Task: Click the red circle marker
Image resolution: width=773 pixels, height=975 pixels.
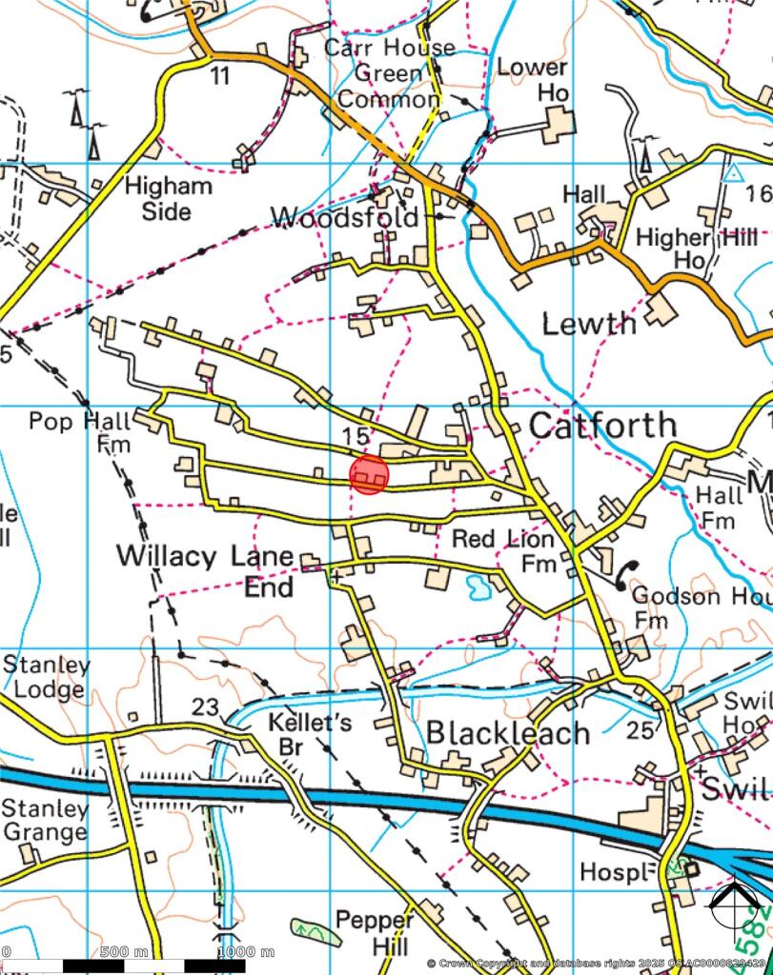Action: click(369, 474)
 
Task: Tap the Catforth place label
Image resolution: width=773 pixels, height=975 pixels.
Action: click(602, 425)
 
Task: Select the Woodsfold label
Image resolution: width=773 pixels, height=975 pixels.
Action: click(345, 218)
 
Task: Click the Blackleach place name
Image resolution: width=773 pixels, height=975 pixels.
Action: click(508, 732)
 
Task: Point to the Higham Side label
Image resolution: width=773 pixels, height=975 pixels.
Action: click(169, 198)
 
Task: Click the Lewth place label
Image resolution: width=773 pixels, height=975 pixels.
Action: click(589, 324)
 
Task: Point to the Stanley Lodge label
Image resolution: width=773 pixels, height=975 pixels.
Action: click(46, 677)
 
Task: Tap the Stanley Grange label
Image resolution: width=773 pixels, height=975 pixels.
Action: click(45, 821)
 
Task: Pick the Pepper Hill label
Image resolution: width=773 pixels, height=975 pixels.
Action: click(375, 933)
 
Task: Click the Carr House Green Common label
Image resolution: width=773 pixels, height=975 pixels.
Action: click(389, 72)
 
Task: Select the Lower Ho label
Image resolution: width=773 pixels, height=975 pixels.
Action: click(538, 80)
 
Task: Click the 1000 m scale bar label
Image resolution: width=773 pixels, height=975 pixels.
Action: click(246, 952)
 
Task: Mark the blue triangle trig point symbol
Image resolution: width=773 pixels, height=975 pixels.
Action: click(732, 173)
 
